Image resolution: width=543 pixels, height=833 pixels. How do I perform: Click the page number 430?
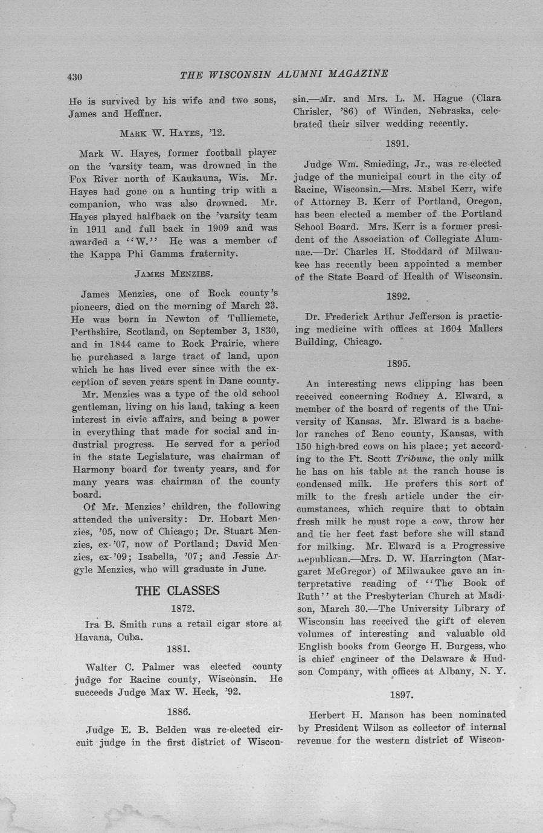(74, 77)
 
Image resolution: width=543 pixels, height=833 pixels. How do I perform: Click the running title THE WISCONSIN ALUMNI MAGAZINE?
(284, 74)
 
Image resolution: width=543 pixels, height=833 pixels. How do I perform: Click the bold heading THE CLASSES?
(178, 591)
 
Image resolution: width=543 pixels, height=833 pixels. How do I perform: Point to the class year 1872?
(182, 608)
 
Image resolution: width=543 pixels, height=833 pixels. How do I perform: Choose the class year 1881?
(178, 649)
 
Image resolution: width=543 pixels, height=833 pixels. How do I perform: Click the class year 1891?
(397, 144)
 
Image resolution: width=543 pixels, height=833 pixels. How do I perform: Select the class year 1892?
(398, 296)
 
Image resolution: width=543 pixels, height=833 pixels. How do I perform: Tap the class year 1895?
(399, 364)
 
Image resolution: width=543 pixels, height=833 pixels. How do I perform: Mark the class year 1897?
(402, 695)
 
